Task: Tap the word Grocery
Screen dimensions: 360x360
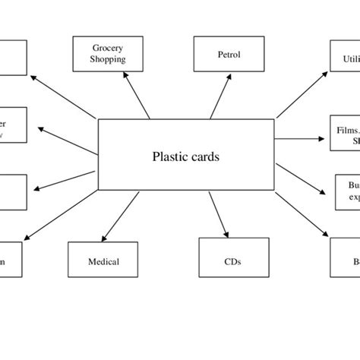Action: point(107,48)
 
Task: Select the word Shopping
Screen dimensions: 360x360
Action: point(107,59)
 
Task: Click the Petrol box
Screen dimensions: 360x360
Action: point(229,54)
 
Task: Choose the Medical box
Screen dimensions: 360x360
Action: point(103,262)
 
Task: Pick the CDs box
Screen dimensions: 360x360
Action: point(233,262)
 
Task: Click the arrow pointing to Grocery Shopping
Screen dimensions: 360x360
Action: point(134,96)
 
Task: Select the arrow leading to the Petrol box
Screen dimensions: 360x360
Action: point(218,96)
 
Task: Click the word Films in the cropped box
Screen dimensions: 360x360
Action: point(346,130)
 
